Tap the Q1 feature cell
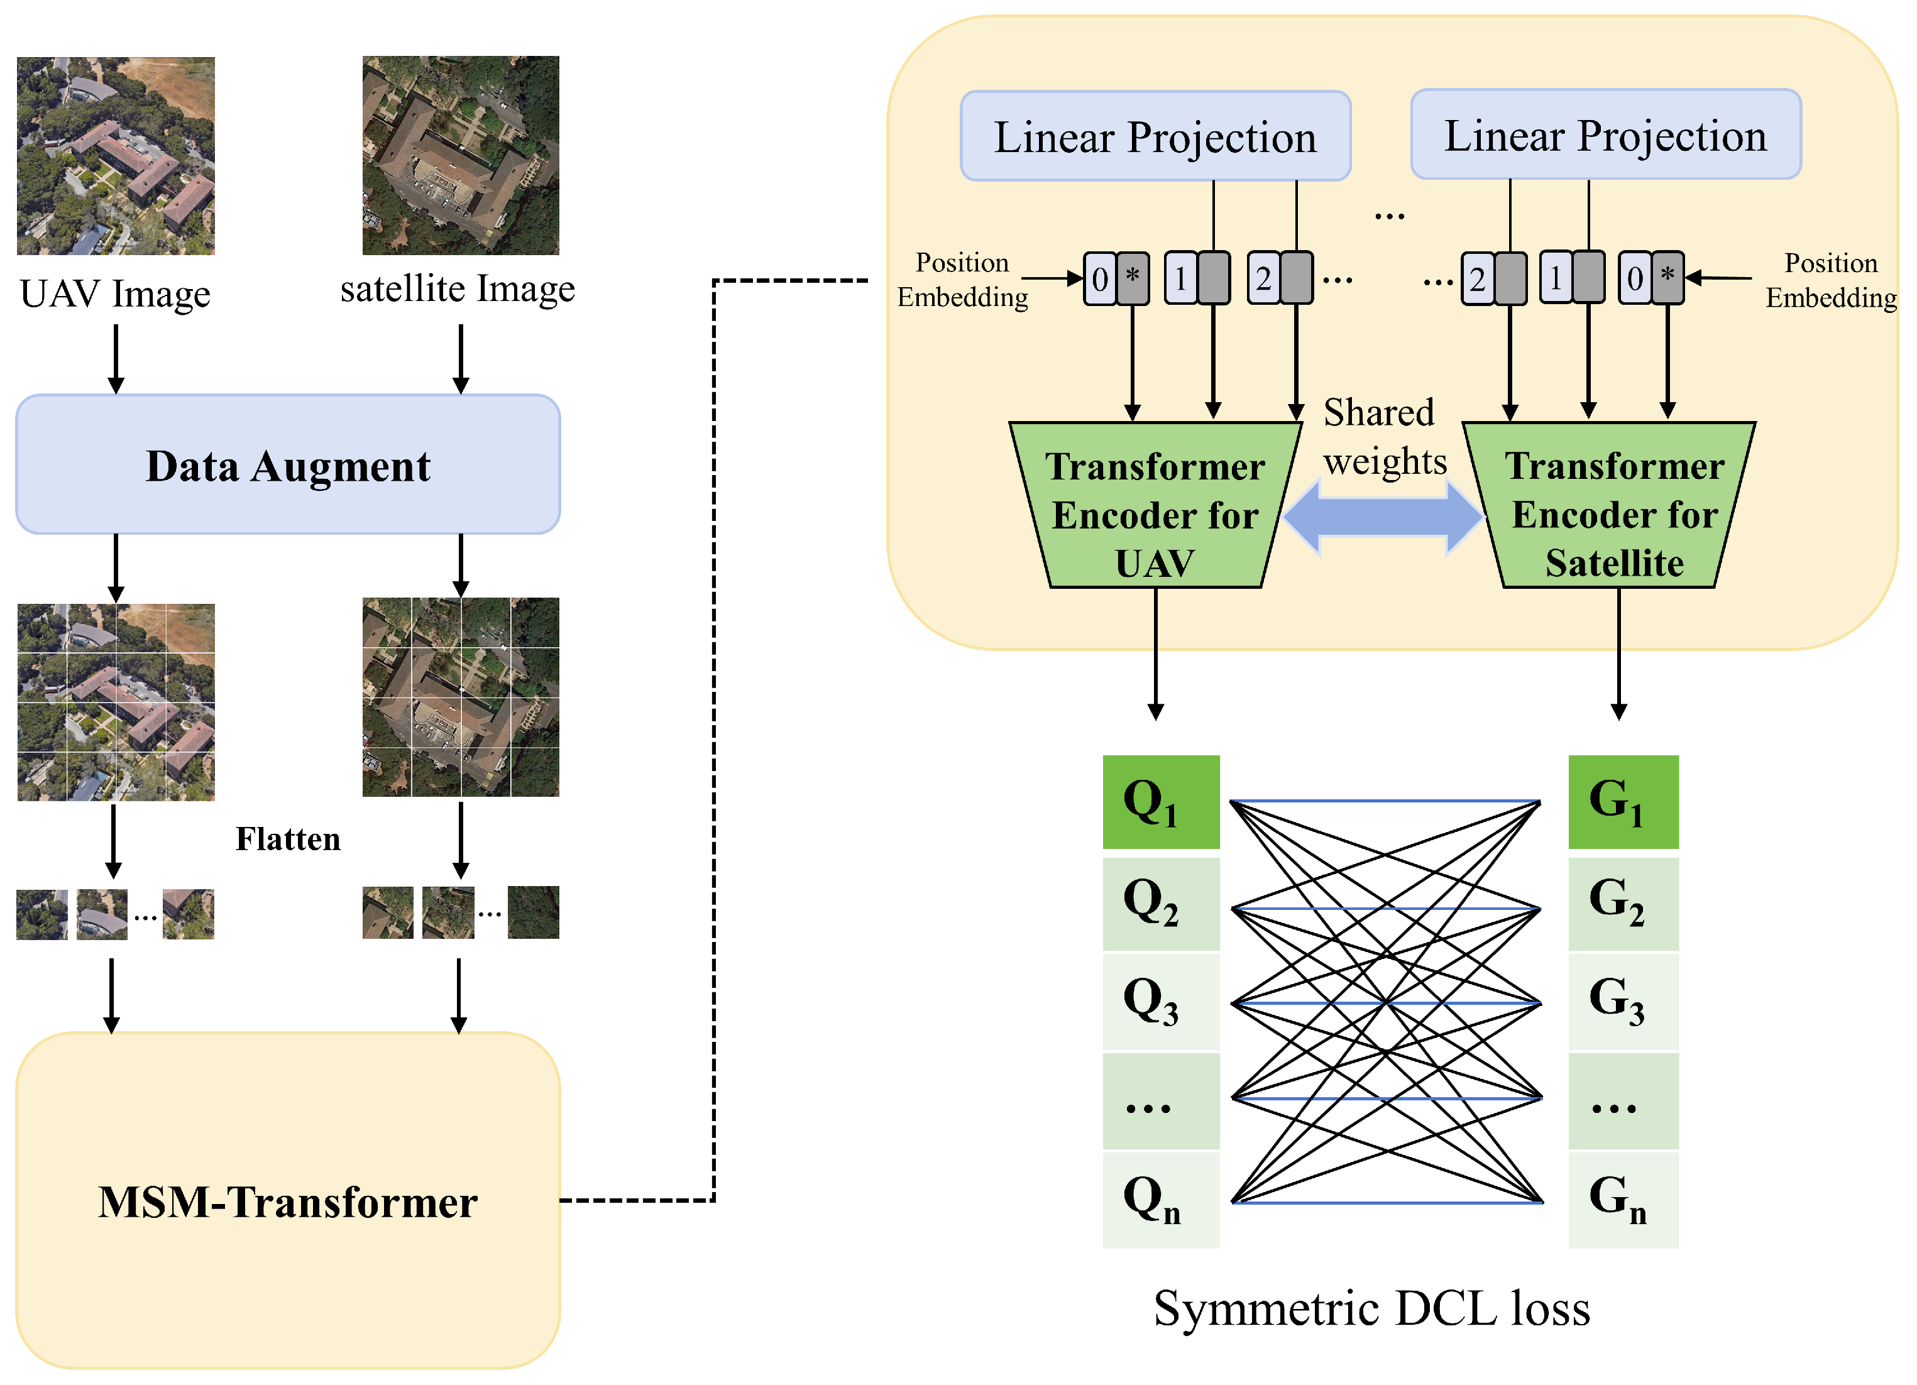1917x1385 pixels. (1160, 801)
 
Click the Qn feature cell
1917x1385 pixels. (1160, 1198)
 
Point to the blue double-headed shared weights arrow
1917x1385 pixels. (1383, 517)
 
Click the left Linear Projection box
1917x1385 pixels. (1155, 136)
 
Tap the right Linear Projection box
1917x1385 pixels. (1605, 135)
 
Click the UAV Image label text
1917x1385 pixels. (115, 294)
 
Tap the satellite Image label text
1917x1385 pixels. (458, 288)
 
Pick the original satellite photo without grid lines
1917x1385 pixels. (461, 155)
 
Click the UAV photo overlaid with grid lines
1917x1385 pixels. (116, 701)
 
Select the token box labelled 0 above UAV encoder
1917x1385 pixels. (1100, 278)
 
